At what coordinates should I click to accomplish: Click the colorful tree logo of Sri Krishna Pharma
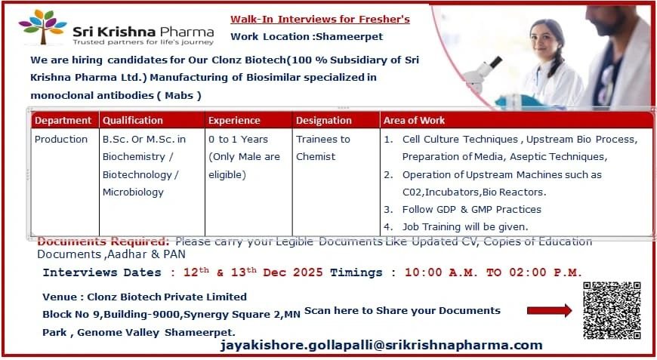coord(42,29)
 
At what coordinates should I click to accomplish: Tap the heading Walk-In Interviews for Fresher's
coord(320,19)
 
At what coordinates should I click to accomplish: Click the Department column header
coord(63,120)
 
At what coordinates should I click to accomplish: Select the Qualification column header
coord(133,120)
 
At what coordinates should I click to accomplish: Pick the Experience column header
coord(234,120)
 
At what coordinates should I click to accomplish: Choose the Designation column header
coord(323,120)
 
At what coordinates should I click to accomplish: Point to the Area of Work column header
coord(414,120)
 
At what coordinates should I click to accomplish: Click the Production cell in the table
coord(61,140)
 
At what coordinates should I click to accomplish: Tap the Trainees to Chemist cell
coord(322,148)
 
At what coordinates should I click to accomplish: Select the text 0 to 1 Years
coord(238,140)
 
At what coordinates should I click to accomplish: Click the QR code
coord(612,310)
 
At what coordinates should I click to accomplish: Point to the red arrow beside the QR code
coord(548,310)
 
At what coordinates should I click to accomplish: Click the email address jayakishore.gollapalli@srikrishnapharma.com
coord(381,345)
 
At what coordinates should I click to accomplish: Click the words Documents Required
coord(104,242)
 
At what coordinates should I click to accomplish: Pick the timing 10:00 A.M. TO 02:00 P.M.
coord(493,272)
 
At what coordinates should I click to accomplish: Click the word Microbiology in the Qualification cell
coord(133,192)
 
